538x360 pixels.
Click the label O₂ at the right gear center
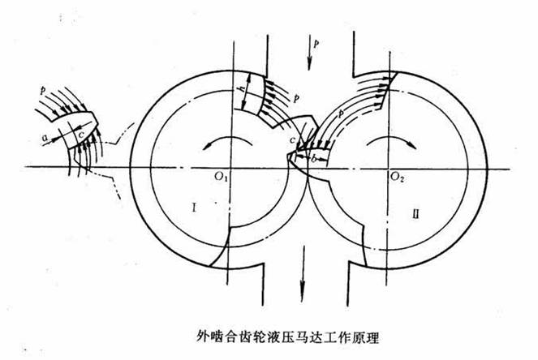pyautogui.click(x=397, y=175)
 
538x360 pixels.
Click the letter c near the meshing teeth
pyautogui.click(x=291, y=143)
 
